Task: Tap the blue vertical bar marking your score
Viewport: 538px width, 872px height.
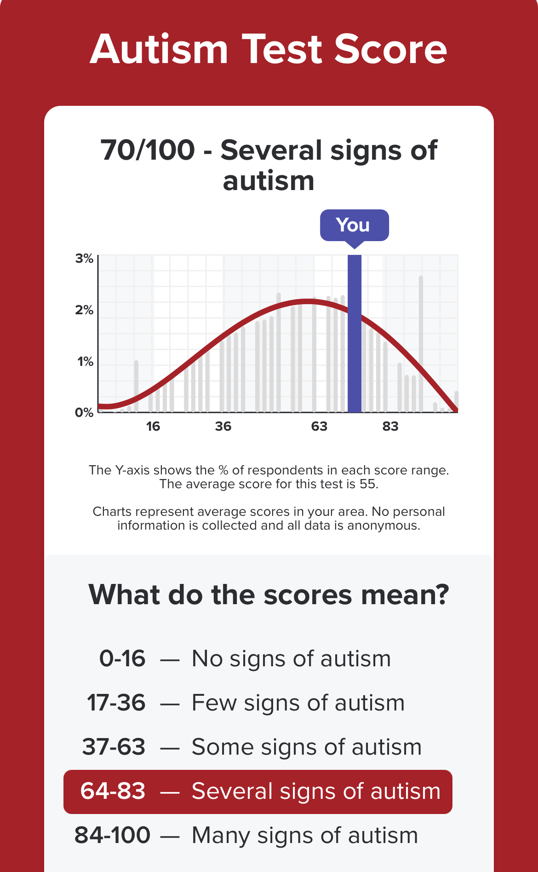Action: (x=354, y=334)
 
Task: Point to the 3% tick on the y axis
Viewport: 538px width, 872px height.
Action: (x=85, y=259)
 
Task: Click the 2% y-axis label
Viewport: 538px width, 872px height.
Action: (x=85, y=310)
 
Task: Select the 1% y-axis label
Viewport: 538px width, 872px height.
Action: (x=86, y=362)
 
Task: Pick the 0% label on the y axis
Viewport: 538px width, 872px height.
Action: (x=85, y=412)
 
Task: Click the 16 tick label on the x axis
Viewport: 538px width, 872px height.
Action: (x=153, y=427)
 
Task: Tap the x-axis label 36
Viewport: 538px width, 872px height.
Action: (x=223, y=427)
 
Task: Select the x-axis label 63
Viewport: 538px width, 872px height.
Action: (x=319, y=427)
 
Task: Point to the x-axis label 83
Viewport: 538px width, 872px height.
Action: (x=390, y=427)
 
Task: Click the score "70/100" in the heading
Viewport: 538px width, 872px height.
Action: (x=148, y=150)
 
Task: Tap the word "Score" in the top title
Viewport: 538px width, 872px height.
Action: (x=390, y=49)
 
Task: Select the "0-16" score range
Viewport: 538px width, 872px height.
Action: (x=122, y=658)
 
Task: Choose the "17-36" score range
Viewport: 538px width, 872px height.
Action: (x=116, y=703)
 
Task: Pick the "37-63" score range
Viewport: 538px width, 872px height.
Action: (x=114, y=747)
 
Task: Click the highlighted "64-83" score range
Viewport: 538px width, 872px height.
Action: (x=113, y=791)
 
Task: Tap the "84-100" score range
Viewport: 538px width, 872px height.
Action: (x=113, y=835)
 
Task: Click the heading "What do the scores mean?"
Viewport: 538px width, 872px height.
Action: (x=269, y=595)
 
